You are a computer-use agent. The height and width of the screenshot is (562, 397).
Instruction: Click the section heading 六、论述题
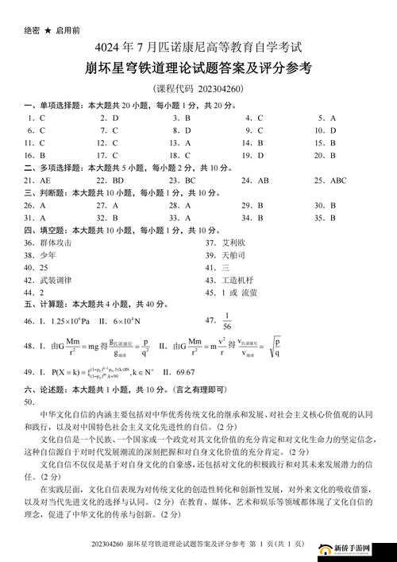40,390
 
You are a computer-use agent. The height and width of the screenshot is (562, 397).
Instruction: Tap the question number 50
30,401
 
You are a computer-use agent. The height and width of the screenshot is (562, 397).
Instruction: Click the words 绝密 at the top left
32,30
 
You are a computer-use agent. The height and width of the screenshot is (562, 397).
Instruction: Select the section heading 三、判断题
40,193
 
